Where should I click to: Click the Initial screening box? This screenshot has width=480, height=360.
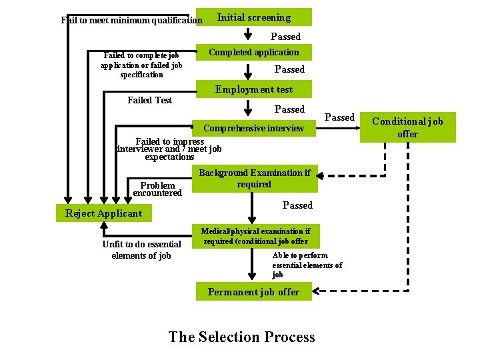[253, 17]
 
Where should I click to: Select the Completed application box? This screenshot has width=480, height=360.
[253, 52]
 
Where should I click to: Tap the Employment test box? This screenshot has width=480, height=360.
[253, 89]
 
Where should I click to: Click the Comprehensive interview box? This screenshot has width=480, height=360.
[253, 128]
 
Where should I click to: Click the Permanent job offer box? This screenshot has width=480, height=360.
[253, 292]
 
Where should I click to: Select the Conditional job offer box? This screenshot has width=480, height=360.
[407, 127]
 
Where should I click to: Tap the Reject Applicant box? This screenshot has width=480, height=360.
[103, 213]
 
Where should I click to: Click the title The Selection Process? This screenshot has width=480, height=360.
[241, 337]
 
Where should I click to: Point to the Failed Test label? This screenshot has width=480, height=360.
[149, 100]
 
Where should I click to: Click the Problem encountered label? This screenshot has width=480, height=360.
[157, 189]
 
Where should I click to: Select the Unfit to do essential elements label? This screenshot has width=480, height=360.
[141, 250]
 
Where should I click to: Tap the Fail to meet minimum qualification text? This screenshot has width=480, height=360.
[132, 20]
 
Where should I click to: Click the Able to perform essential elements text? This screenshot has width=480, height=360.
[307, 265]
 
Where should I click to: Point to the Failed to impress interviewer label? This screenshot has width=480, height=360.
[169, 149]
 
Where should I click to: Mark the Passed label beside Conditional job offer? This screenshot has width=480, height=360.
[339, 117]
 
